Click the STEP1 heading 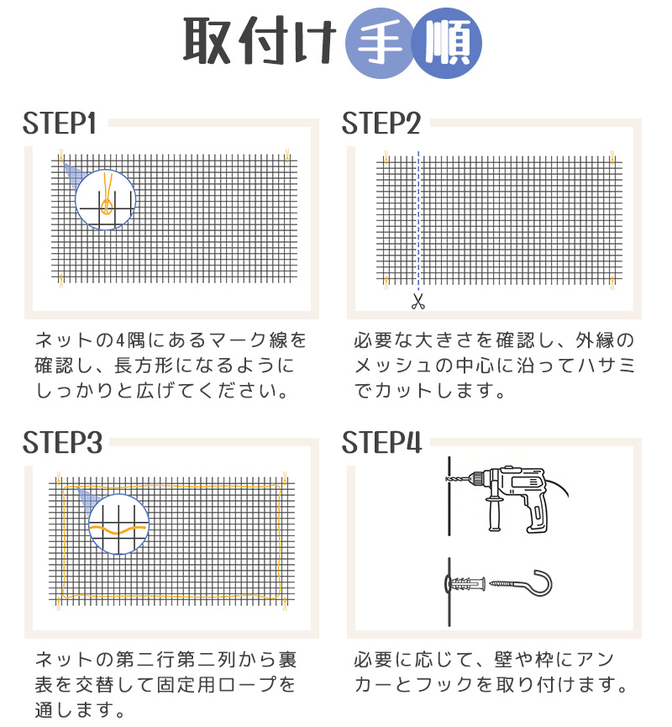coord(60,124)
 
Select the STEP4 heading coord(381,443)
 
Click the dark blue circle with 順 coord(448,42)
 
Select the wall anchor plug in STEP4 coord(465,583)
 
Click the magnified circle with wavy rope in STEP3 coord(118,524)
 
